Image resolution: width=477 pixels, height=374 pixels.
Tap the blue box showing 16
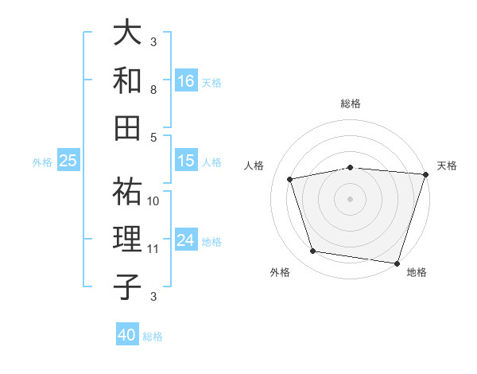pos(186,81)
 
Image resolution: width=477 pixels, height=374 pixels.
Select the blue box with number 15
pos(186,161)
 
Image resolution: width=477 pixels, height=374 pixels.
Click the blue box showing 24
pos(186,240)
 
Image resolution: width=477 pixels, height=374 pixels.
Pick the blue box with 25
pos(68,161)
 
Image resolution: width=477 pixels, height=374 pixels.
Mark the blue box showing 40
pos(127,335)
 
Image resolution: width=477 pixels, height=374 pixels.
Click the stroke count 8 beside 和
pos(153,90)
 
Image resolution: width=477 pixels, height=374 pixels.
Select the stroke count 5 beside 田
pos(153,137)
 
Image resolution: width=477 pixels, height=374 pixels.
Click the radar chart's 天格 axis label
pos(447,166)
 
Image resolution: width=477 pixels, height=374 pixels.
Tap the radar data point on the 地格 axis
pos(397,263)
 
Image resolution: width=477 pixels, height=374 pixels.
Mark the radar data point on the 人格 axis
pos(290,179)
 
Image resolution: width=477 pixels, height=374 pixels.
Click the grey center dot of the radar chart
pos(350,198)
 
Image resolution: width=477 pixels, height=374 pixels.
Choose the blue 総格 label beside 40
pos(153,337)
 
